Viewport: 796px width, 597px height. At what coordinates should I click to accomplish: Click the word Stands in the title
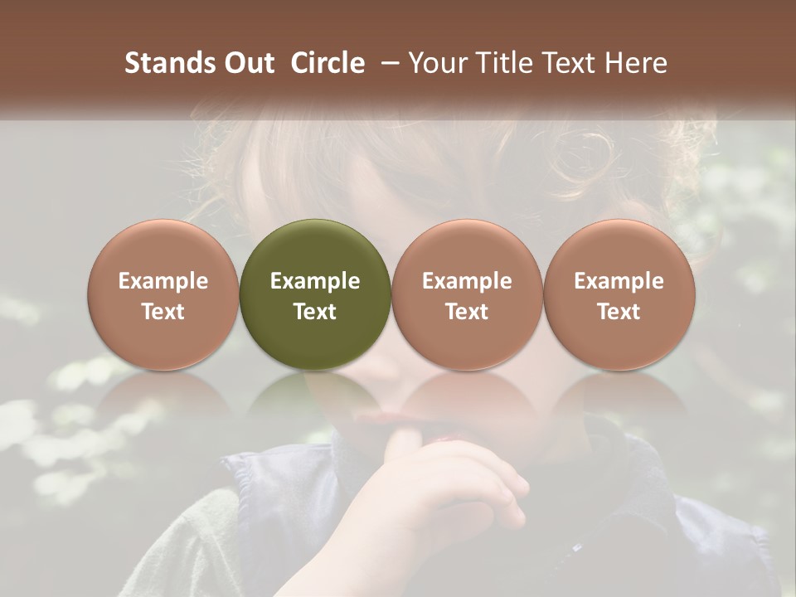coord(169,63)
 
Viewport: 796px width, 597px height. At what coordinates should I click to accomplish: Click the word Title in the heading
coord(504,63)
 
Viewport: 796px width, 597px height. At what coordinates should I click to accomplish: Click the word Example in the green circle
coord(315,281)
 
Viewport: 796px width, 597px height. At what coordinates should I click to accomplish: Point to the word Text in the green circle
coord(315,312)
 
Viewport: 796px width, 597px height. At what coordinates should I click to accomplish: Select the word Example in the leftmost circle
coord(163,281)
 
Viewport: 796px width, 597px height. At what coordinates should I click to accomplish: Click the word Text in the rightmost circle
coord(619,312)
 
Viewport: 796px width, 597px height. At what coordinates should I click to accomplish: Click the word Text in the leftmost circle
coord(163,312)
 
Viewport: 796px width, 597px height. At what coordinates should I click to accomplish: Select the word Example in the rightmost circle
coord(619,281)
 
